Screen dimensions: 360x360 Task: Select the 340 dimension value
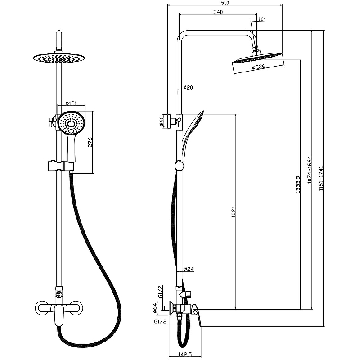point(218,12)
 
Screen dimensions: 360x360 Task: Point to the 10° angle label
point(262,19)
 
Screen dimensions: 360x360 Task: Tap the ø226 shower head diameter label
point(258,67)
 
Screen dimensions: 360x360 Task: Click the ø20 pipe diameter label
point(188,87)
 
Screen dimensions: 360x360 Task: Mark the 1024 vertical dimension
point(233,211)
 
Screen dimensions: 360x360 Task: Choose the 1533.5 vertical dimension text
point(297,184)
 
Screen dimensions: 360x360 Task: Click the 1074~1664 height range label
point(309,171)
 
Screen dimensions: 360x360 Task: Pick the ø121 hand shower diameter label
point(71,103)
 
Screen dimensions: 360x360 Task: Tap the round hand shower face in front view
point(70,122)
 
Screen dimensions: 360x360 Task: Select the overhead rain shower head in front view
point(58,58)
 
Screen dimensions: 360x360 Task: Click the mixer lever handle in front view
point(58,319)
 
